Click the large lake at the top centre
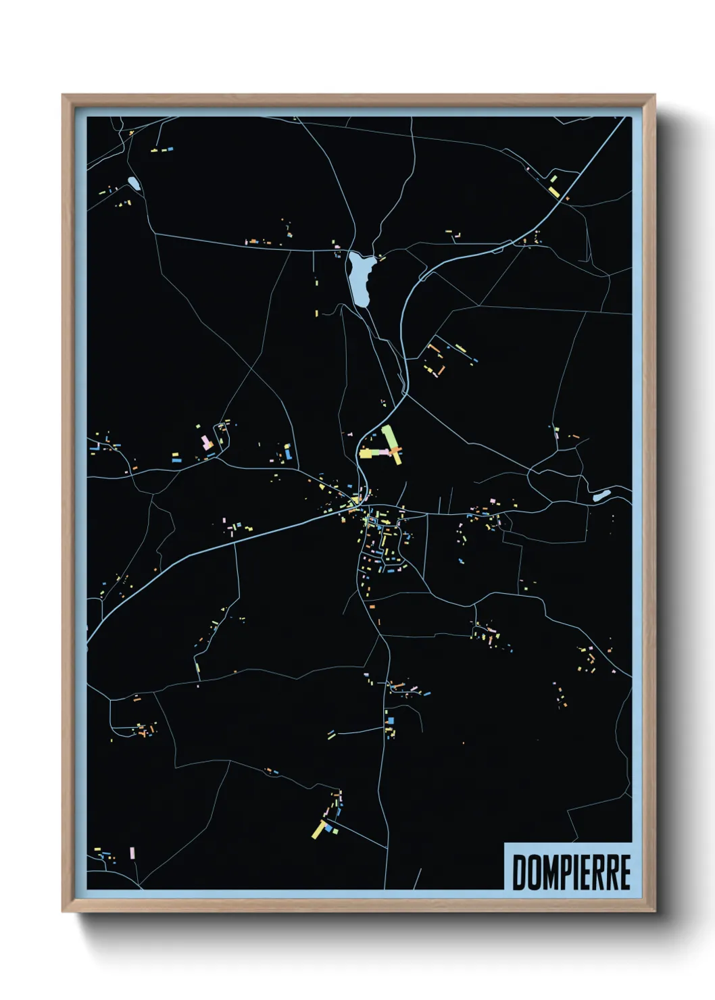359,276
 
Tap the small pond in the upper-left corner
133,183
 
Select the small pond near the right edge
599,497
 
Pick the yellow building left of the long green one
370,453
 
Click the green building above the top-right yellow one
553,179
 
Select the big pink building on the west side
205,443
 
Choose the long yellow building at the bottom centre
318,828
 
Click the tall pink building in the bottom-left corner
132,853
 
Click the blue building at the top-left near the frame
170,147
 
